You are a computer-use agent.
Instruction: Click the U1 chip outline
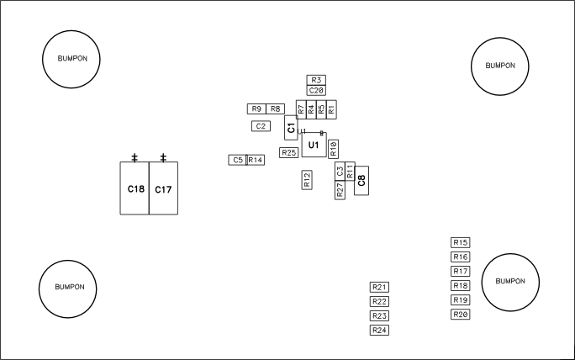314,146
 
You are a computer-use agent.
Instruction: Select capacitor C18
135,189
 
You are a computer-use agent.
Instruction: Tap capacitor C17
163,189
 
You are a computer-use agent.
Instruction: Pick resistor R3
316,80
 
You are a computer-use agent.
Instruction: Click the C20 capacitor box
316,90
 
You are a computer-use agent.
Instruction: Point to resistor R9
256,109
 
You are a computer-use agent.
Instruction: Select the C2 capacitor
261,126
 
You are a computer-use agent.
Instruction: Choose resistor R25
289,152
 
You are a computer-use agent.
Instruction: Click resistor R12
307,180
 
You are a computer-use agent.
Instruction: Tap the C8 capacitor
361,178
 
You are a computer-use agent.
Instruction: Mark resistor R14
256,160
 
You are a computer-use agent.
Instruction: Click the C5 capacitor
237,160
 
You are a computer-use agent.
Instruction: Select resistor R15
460,242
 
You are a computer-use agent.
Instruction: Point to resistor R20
460,315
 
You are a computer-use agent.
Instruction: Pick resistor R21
379,287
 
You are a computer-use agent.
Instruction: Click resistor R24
379,330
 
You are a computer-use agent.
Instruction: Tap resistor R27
340,190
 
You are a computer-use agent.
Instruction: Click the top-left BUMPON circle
71,59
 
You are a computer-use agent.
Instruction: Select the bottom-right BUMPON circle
510,282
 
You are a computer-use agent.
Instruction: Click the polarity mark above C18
135,157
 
